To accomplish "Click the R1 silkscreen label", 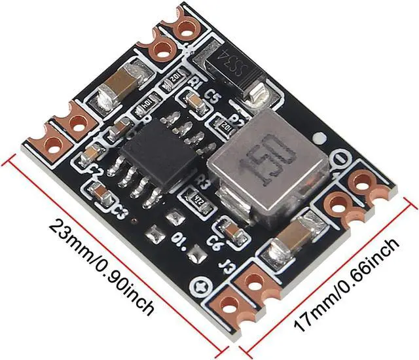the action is pyautogui.click(x=194, y=82).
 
